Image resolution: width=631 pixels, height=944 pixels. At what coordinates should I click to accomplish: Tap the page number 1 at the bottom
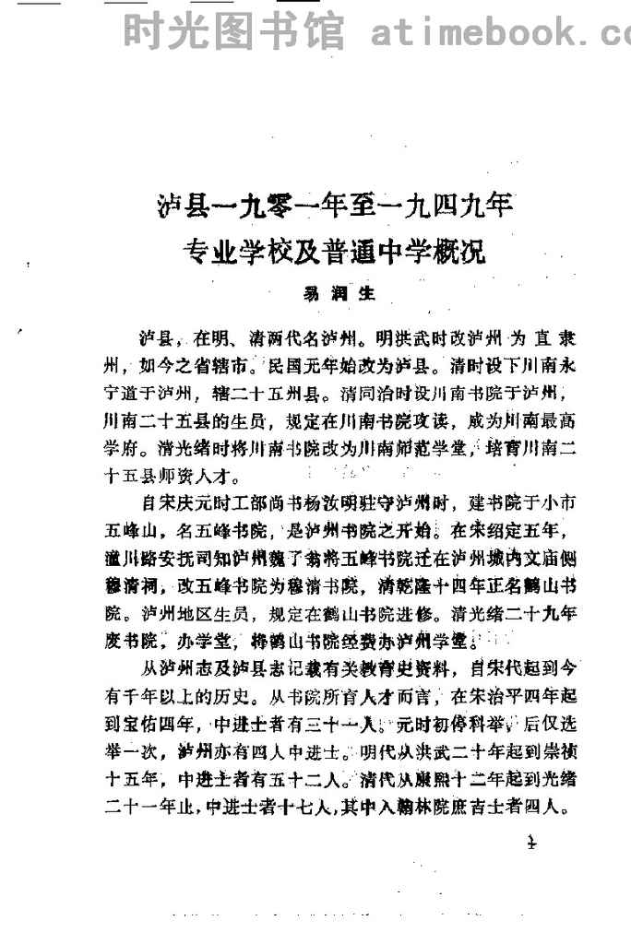click(530, 841)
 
